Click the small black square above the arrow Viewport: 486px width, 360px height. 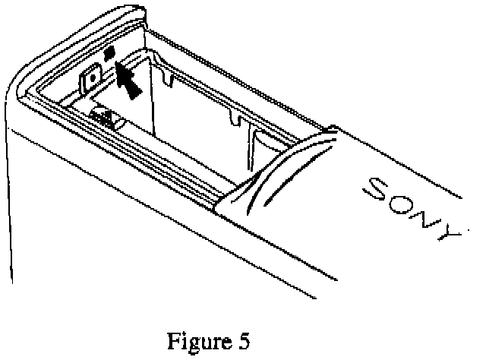pos(109,54)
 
